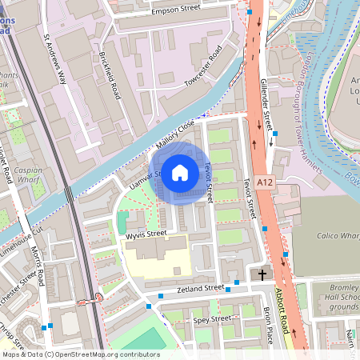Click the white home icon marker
pos(180,172)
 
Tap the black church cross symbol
pos(262,274)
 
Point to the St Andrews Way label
pos(54,59)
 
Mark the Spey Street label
pos(212,319)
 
